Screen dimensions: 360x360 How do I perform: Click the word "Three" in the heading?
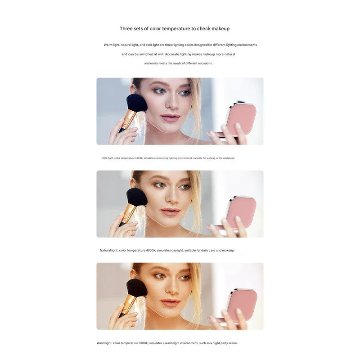(126, 29)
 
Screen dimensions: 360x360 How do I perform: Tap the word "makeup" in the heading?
(220, 29)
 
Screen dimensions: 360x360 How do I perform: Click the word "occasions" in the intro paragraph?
(204, 63)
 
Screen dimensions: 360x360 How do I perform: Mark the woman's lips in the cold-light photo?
(171, 118)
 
